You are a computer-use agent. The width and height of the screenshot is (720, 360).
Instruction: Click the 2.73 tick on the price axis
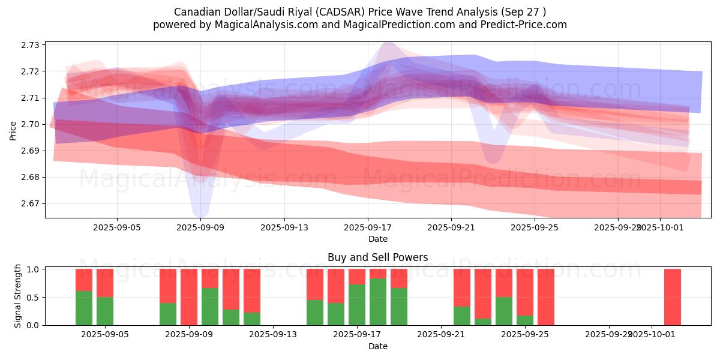click(x=31, y=45)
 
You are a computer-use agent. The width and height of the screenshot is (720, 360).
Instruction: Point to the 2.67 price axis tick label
click(x=31, y=203)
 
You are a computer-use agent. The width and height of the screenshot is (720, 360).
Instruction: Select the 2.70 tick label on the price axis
click(x=31, y=124)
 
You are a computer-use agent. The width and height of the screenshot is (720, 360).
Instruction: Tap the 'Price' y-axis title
click(x=13, y=130)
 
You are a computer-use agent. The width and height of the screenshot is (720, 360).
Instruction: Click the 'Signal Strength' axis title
click(x=18, y=296)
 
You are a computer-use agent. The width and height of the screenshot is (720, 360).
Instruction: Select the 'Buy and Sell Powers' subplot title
click(x=377, y=257)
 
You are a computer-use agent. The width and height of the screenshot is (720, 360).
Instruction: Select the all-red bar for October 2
click(x=672, y=297)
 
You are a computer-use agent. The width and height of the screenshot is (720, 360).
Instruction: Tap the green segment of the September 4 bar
click(x=84, y=308)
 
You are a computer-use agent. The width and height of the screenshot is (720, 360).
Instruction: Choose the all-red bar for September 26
click(x=546, y=297)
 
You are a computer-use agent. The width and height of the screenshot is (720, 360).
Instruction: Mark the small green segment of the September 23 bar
click(x=483, y=322)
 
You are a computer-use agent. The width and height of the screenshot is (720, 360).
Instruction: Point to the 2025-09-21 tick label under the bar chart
click(x=441, y=335)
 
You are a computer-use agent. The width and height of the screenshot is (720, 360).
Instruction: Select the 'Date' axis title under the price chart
click(x=377, y=239)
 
